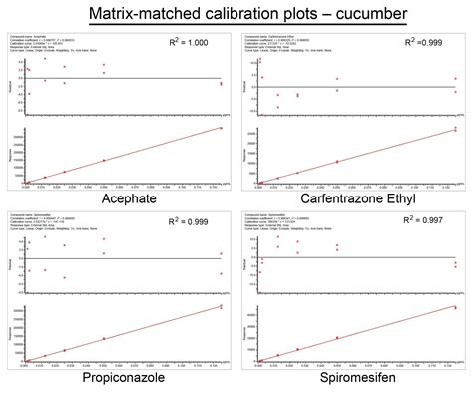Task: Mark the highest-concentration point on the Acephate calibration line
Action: [x=222, y=128]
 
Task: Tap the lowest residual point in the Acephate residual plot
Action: [x=29, y=94]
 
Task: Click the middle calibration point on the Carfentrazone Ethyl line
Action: [x=336, y=161]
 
